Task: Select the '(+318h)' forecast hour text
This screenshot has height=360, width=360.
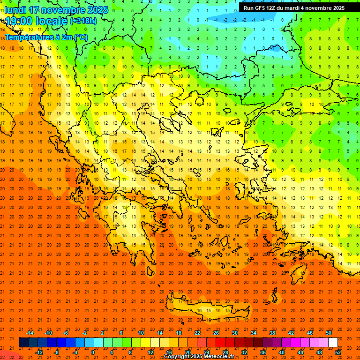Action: (x=83, y=21)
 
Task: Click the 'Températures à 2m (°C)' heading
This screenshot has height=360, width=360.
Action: (x=46, y=37)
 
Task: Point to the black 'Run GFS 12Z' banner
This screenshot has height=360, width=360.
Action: (x=293, y=7)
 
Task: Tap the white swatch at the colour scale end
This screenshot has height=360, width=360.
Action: (x=333, y=343)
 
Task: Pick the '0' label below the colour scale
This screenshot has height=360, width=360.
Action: (x=93, y=352)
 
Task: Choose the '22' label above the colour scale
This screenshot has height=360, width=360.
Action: (x=197, y=333)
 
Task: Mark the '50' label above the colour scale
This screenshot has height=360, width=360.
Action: (x=328, y=333)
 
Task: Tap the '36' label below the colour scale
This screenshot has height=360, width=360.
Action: (x=263, y=352)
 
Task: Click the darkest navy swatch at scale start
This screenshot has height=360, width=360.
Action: (x=23, y=343)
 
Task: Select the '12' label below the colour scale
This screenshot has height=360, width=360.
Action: (x=150, y=352)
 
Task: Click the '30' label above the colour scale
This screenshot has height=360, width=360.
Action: (x=234, y=333)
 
